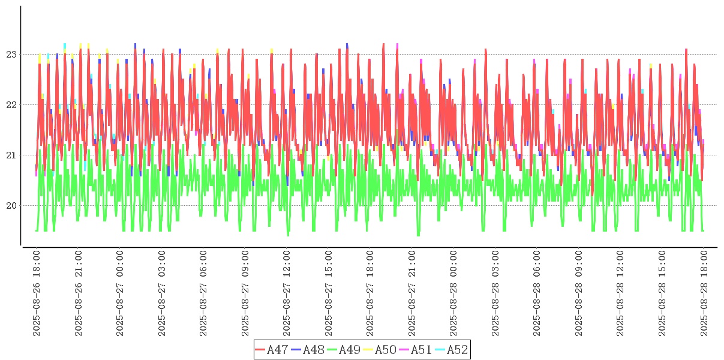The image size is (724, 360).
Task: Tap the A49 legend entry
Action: tap(350, 350)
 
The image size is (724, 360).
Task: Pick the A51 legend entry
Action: tap(422, 350)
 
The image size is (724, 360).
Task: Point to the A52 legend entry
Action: tap(458, 350)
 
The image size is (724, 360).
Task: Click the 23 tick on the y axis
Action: tap(12, 55)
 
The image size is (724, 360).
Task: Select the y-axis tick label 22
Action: tap(12, 105)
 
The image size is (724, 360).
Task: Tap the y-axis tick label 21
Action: tap(12, 155)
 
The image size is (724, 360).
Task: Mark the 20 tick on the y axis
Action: tap(12, 206)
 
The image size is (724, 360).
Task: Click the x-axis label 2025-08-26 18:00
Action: tap(37, 293)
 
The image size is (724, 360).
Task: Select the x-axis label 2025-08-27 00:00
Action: tap(120, 293)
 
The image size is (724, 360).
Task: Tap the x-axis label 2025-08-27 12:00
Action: tap(287, 293)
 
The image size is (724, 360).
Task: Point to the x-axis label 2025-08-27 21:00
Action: tap(412, 293)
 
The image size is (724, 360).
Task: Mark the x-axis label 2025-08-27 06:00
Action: tap(203, 293)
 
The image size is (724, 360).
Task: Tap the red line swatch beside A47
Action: tap(260, 350)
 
